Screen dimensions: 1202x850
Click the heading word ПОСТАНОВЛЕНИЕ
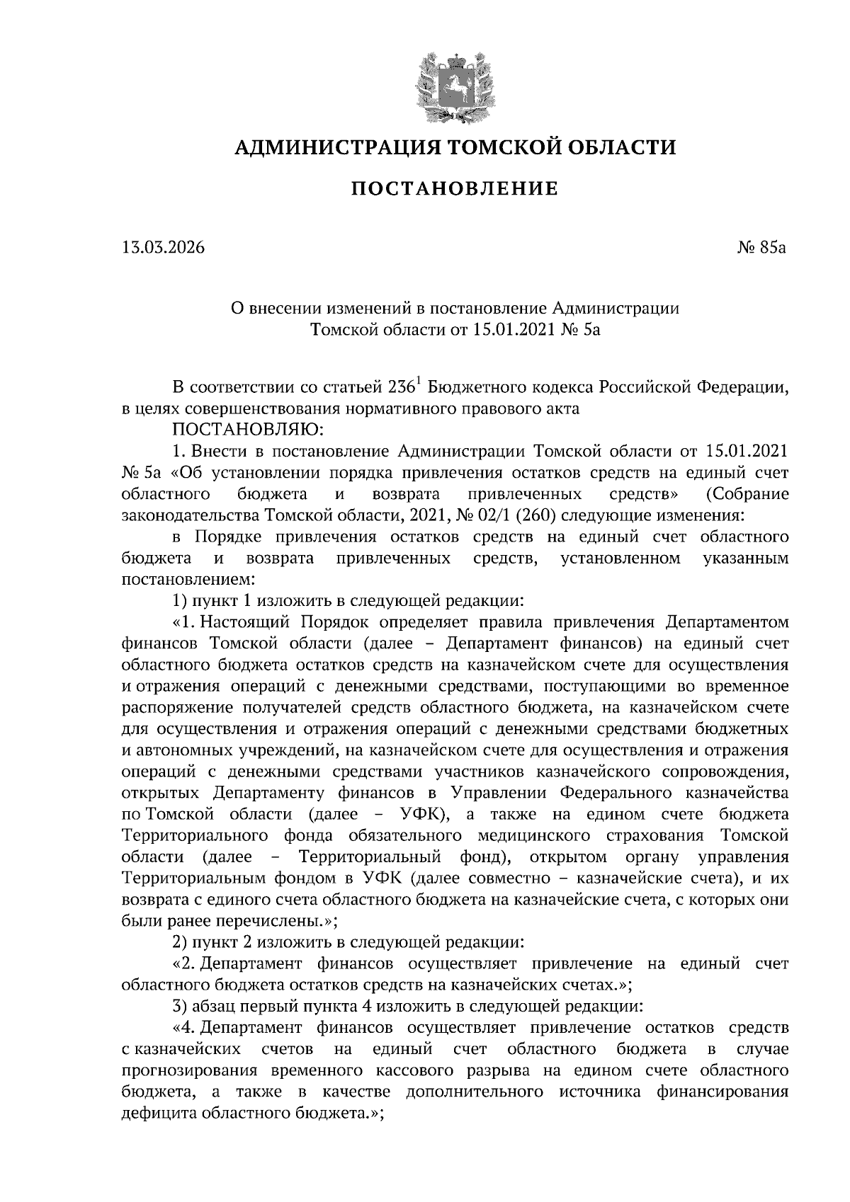pyautogui.click(x=455, y=189)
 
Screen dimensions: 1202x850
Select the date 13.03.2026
pyautogui.click(x=163, y=248)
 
